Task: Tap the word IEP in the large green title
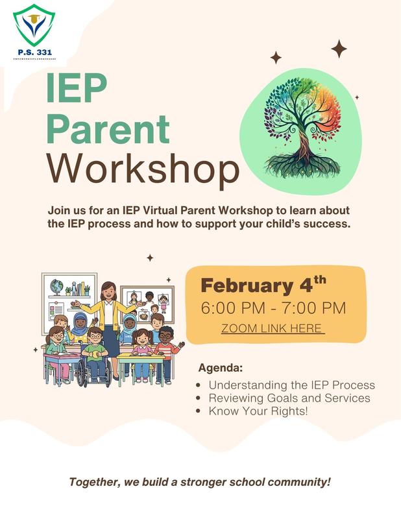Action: point(76,89)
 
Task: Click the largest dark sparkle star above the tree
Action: point(339,49)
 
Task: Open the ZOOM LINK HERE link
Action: point(273,328)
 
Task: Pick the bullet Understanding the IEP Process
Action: point(291,385)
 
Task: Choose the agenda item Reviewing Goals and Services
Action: point(289,398)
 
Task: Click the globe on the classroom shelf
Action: point(56,287)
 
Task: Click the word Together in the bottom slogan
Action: point(91,483)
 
